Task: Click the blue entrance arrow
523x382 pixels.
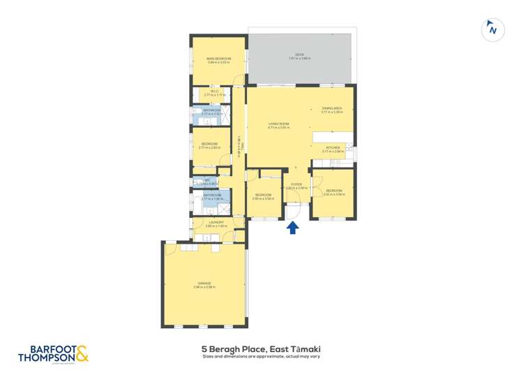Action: click(292, 228)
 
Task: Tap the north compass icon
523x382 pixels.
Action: click(493, 29)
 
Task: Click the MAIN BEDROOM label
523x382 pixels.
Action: click(218, 59)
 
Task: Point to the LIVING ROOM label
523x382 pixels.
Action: click(279, 124)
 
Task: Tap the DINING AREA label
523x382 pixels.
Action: click(331, 108)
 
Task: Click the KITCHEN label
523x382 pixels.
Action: click(332, 147)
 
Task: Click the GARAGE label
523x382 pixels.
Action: click(204, 283)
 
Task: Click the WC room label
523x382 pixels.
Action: click(207, 180)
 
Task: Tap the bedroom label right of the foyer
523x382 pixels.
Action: click(333, 191)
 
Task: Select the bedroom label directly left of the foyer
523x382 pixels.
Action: click(263, 195)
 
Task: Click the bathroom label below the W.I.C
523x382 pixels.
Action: click(211, 110)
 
